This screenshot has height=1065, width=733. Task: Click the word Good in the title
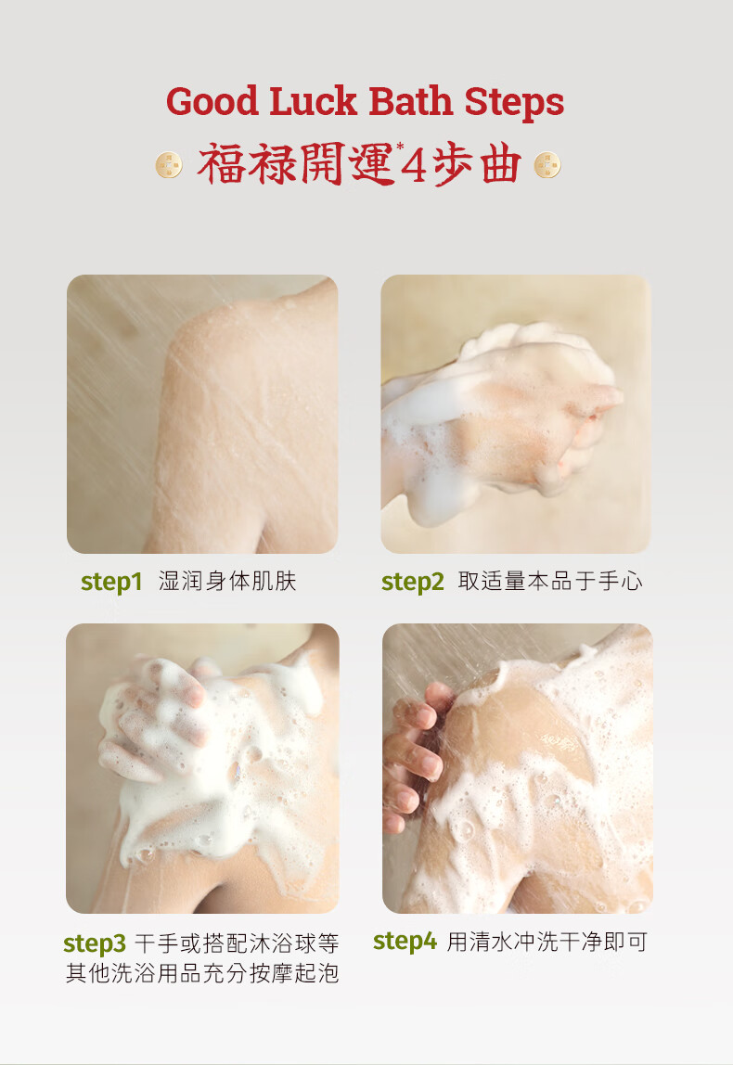pyautogui.click(x=212, y=103)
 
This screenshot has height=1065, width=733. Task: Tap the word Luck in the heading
pyautogui.click(x=314, y=101)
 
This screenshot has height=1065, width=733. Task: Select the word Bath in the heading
pyautogui.click(x=411, y=101)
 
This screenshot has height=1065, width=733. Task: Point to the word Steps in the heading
pyautogui.click(x=514, y=103)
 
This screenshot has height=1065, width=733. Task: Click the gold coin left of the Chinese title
pyautogui.click(x=169, y=165)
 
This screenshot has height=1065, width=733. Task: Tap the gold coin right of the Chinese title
pyautogui.click(x=547, y=165)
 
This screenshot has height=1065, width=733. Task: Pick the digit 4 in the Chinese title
pyautogui.click(x=414, y=166)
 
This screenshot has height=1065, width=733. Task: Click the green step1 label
pyautogui.click(x=111, y=582)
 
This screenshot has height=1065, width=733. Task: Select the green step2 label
pyautogui.click(x=412, y=582)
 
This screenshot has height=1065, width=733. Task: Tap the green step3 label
pyautogui.click(x=95, y=943)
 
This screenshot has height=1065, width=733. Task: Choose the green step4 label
pyautogui.click(x=405, y=942)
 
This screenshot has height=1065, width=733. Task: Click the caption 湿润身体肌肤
pyautogui.click(x=227, y=582)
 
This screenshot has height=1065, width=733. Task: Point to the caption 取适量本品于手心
pyautogui.click(x=550, y=582)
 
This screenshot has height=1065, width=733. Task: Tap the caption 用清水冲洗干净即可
pyautogui.click(x=547, y=942)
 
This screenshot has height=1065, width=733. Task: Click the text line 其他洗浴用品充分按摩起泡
pyautogui.click(x=202, y=973)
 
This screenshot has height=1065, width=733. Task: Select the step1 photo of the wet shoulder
pyautogui.click(x=202, y=414)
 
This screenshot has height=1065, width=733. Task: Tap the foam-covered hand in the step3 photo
pyautogui.click(x=153, y=720)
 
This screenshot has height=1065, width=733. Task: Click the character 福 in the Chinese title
pyautogui.click(x=221, y=165)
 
